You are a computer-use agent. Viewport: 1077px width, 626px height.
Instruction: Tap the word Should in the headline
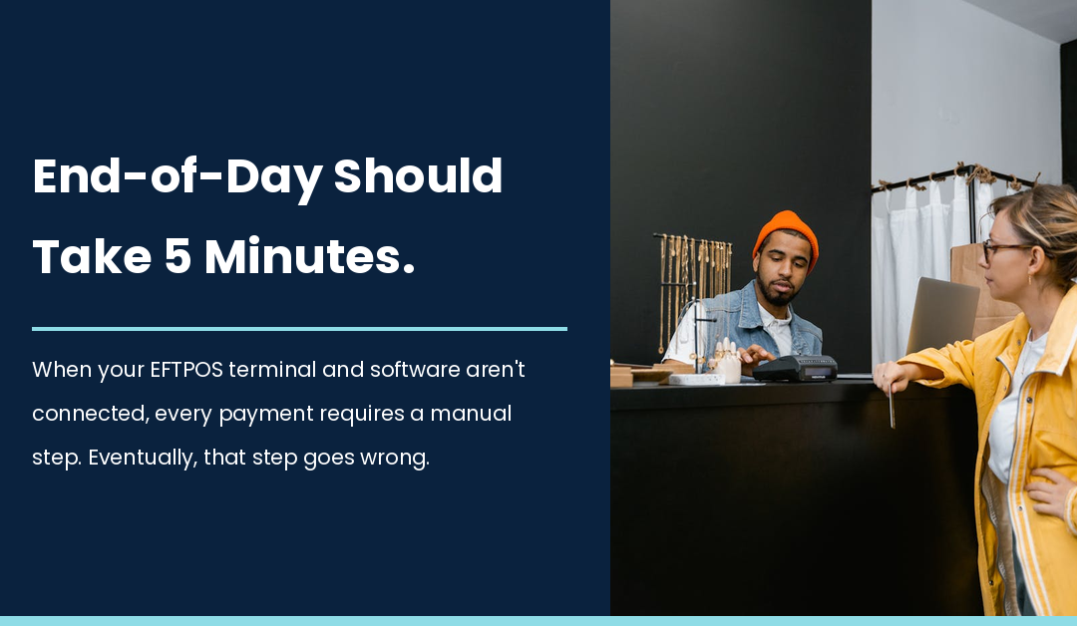[418, 177]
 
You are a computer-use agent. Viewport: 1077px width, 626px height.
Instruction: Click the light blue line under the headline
[299, 328]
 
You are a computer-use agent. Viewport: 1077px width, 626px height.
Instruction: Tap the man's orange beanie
[786, 232]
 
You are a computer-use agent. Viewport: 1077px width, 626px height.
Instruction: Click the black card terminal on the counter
[795, 368]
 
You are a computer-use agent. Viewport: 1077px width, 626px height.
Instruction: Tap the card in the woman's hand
[892, 408]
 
